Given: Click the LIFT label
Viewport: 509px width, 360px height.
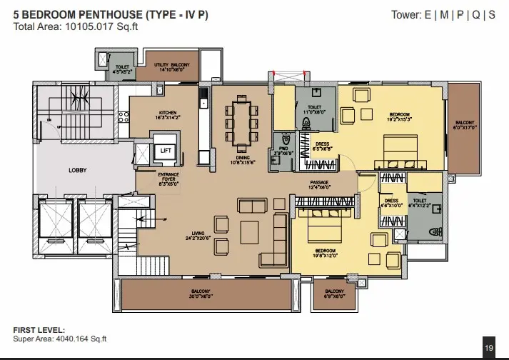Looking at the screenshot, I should (x=166, y=151).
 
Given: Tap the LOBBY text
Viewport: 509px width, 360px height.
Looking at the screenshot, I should (x=77, y=170).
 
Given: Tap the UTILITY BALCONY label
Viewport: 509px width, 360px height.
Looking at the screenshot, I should (x=170, y=67).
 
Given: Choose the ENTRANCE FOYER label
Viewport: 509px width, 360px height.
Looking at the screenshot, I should (x=168, y=179).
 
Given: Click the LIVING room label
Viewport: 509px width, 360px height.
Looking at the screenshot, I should (x=198, y=235).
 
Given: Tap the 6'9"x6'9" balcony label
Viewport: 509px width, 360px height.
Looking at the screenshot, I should (x=334, y=294).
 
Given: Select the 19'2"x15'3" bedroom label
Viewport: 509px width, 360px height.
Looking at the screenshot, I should (x=400, y=116).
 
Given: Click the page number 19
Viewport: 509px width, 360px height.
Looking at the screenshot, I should (x=489, y=348).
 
